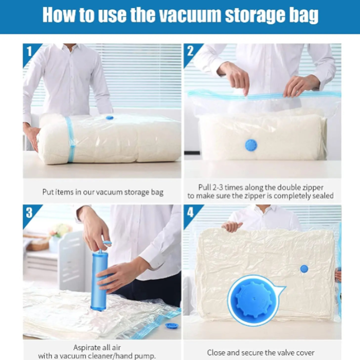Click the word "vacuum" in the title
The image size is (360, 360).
click(190, 15)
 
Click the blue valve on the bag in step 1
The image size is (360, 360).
click(110, 118)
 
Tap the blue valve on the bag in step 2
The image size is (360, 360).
click(251, 145)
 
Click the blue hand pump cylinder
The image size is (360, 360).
click(99, 281)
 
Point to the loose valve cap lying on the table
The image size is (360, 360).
click(171, 326)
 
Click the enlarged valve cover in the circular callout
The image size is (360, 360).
click(254, 300)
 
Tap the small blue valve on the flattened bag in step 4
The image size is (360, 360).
click(304, 269)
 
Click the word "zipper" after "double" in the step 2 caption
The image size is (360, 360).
click(312, 188)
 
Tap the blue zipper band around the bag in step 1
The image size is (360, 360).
click(71, 139)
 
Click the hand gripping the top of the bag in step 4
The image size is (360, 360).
click(232, 227)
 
